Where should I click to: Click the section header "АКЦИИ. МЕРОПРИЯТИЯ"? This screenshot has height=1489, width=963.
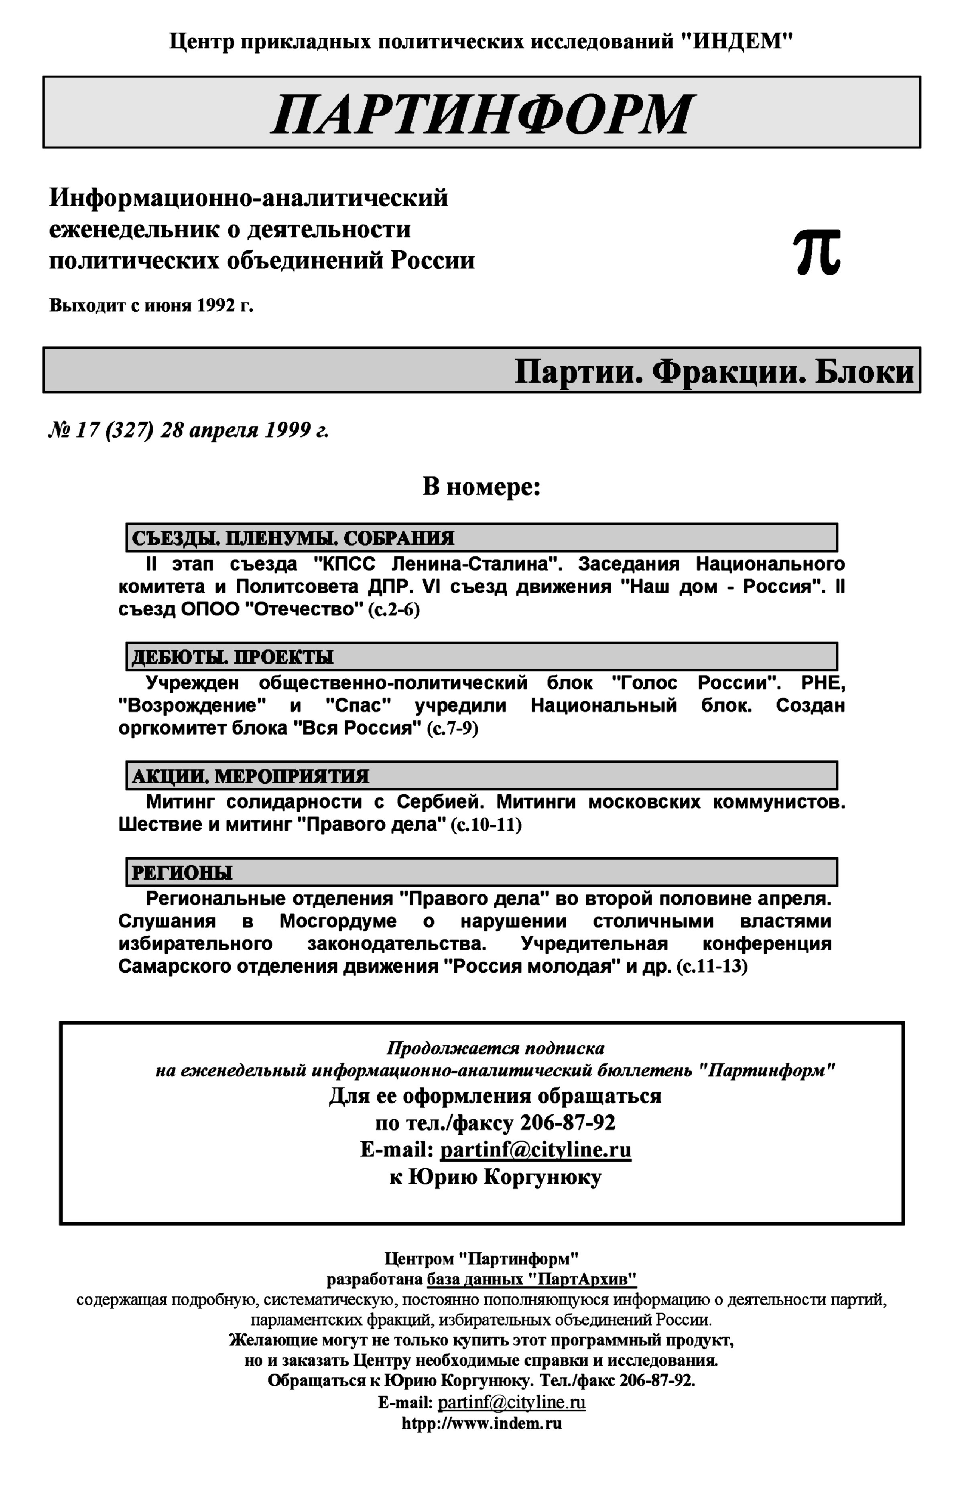[250, 776]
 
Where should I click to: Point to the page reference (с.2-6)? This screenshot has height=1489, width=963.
[393, 609]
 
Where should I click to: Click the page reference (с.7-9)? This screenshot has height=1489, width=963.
[452, 728]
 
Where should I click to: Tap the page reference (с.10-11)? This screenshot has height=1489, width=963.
[486, 824]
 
